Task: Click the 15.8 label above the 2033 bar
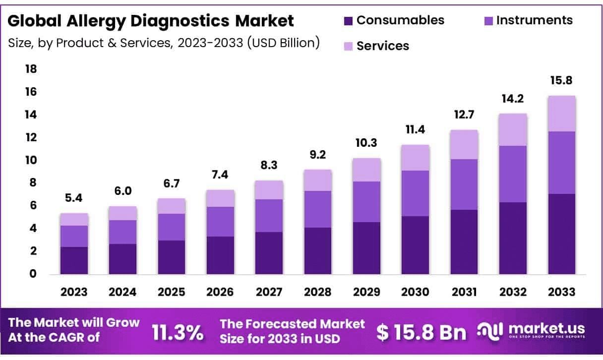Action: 562,80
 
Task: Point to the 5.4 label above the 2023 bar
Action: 74,198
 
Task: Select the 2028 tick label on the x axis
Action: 318,292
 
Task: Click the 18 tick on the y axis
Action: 31,69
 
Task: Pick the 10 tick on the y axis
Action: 31,160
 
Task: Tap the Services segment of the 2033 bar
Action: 562,114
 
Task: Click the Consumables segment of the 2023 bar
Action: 74,260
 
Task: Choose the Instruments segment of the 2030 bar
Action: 416,193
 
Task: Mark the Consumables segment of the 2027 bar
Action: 269,253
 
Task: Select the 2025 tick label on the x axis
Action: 172,292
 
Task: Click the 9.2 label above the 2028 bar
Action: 318,155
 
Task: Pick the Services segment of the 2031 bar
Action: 464,144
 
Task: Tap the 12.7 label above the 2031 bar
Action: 464,115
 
